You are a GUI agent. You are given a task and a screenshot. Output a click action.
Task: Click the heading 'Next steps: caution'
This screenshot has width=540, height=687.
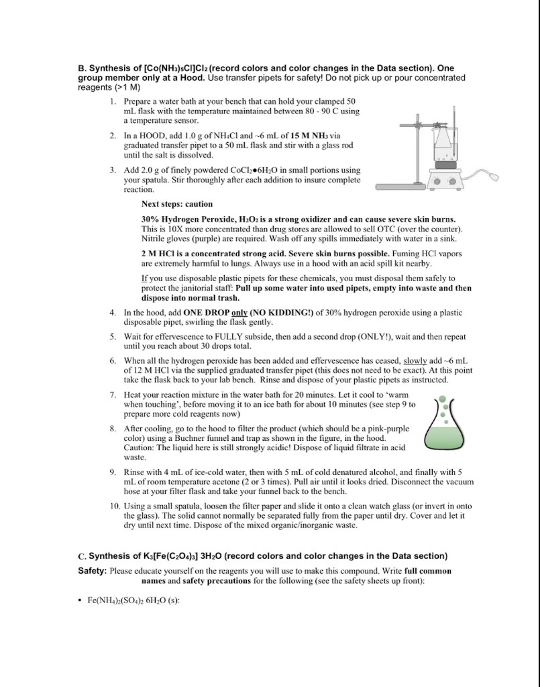[x=177, y=204]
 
